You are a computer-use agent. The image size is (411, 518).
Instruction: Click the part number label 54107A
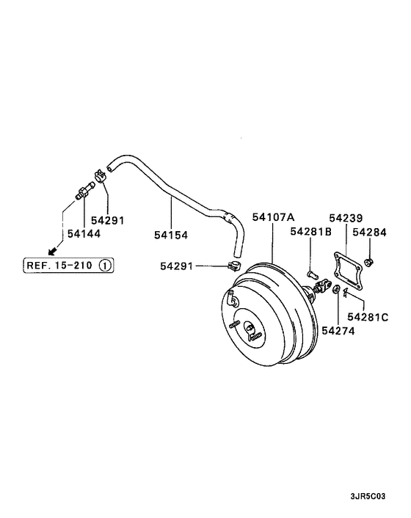[x=273, y=217]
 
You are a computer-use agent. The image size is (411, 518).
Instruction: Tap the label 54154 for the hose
[x=171, y=236]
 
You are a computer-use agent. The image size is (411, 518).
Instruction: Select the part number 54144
[x=84, y=233]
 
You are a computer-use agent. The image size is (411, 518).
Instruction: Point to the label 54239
[x=346, y=218]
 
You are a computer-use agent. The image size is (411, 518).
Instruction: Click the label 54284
[x=369, y=233]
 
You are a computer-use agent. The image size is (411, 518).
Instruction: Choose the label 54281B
[x=311, y=232]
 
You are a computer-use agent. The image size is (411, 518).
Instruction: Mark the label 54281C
[x=368, y=317]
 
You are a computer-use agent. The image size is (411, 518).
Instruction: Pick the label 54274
[x=338, y=331]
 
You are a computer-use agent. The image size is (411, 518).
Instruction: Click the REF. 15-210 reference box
[x=68, y=266]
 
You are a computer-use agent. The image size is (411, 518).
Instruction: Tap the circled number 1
[x=105, y=266]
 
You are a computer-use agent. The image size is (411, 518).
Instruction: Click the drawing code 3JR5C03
[x=368, y=496]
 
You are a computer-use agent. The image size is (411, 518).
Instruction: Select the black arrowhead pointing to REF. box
[x=51, y=252]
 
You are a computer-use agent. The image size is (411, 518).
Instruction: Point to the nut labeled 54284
[x=368, y=263]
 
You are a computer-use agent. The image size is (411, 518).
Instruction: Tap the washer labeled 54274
[x=336, y=289]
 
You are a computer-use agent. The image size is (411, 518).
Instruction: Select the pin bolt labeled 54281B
[x=312, y=274]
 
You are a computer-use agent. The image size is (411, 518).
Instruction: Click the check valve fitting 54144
[x=85, y=191]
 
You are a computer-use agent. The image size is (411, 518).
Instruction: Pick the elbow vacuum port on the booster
[x=232, y=297]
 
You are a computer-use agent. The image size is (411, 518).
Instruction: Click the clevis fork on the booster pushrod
[x=323, y=285]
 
